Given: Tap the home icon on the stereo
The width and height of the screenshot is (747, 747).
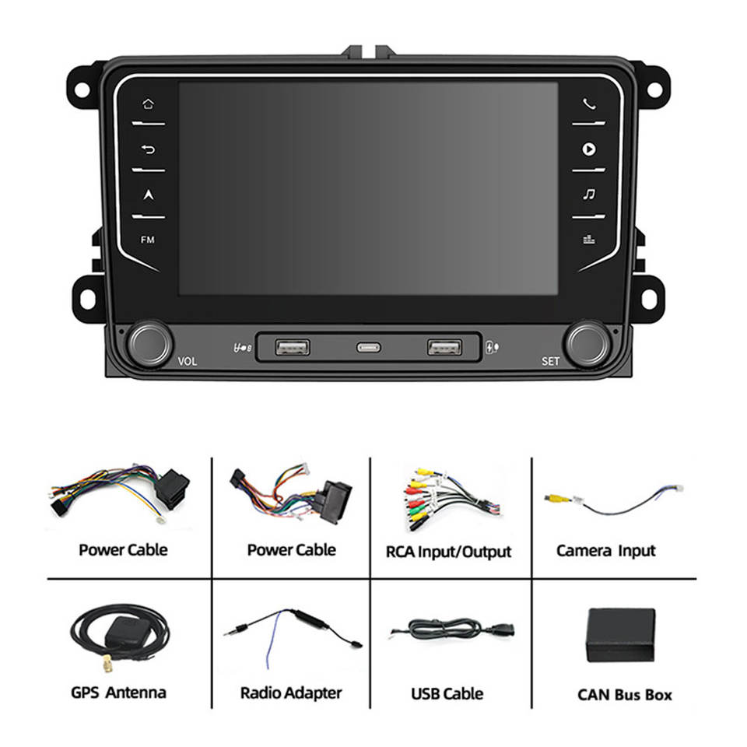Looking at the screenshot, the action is (x=148, y=103).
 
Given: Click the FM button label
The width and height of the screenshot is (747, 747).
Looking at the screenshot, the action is (x=148, y=240).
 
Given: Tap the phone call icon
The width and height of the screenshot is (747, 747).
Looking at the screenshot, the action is (x=589, y=103).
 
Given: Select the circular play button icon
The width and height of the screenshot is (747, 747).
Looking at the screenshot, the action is (x=589, y=149).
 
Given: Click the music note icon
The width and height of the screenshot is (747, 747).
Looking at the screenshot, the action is (x=589, y=194).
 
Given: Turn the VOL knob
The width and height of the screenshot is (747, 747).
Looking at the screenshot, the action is (x=150, y=343).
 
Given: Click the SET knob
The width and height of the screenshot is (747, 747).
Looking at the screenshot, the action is (x=587, y=343).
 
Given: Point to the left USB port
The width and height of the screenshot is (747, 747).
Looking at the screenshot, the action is (x=292, y=346).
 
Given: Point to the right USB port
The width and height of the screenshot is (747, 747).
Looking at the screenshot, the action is (x=444, y=346).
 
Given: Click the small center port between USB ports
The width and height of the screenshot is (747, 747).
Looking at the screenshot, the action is (x=368, y=347).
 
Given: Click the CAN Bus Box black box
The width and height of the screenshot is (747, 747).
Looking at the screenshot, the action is (x=620, y=635).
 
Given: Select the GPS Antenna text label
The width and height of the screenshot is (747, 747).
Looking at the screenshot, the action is (x=118, y=693).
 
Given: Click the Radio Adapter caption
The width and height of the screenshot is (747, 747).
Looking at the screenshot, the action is (x=290, y=693).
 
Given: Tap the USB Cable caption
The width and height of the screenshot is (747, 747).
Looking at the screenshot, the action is (x=447, y=693).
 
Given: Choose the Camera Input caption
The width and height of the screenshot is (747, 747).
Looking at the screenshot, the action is (x=605, y=551).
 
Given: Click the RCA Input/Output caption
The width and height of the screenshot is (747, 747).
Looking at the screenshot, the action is (x=448, y=552).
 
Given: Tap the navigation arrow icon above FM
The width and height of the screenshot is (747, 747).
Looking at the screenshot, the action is (x=148, y=195).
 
